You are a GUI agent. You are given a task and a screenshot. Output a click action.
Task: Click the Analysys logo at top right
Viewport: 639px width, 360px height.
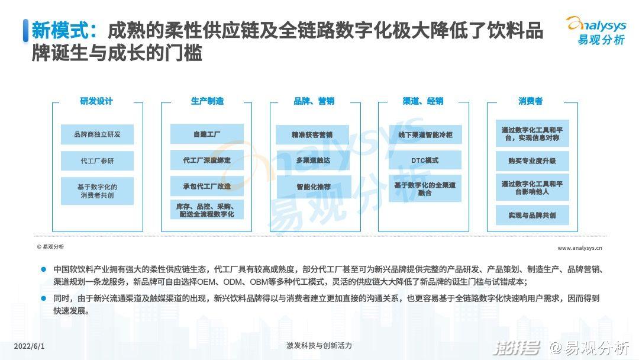click(x=596, y=30)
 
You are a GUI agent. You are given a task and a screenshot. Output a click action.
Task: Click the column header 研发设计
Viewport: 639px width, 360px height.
click(x=96, y=101)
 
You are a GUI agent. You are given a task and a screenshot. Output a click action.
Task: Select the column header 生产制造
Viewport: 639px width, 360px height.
click(x=208, y=101)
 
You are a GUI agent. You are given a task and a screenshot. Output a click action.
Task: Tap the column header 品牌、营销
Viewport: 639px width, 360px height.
click(x=314, y=101)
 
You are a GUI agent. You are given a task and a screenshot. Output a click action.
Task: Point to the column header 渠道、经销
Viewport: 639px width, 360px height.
click(x=423, y=101)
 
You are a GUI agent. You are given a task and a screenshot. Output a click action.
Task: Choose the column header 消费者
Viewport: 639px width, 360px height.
click(x=531, y=101)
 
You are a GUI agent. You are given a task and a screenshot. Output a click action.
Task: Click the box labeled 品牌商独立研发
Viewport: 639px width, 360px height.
click(x=98, y=134)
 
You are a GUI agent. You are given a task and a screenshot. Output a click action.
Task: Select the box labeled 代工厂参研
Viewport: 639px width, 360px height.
click(x=98, y=160)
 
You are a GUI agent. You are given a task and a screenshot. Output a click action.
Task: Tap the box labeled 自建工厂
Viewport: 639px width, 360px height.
click(x=207, y=134)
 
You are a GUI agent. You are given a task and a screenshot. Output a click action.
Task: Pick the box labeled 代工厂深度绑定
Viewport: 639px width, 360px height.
click(x=207, y=160)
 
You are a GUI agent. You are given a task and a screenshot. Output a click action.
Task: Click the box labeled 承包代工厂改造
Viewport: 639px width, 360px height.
click(x=207, y=187)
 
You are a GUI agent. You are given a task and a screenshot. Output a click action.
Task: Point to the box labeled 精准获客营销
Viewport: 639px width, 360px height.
click(x=312, y=134)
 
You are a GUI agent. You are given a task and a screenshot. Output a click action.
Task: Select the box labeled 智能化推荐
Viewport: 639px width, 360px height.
click(x=314, y=187)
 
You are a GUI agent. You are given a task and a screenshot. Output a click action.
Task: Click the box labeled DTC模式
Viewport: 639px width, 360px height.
click(x=425, y=160)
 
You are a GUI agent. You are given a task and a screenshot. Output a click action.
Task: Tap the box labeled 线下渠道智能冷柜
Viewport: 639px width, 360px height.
click(x=425, y=134)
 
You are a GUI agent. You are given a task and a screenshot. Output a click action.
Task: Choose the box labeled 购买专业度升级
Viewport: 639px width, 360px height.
click(x=532, y=160)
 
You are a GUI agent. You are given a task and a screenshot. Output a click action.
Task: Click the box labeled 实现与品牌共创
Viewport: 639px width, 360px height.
click(x=532, y=215)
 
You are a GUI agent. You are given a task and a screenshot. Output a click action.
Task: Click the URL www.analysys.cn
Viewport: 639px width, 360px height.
click(x=579, y=248)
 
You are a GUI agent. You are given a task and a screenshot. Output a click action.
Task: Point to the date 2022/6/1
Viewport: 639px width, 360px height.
click(x=30, y=346)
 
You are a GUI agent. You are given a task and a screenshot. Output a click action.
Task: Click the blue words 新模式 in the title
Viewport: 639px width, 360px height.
click(x=60, y=30)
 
